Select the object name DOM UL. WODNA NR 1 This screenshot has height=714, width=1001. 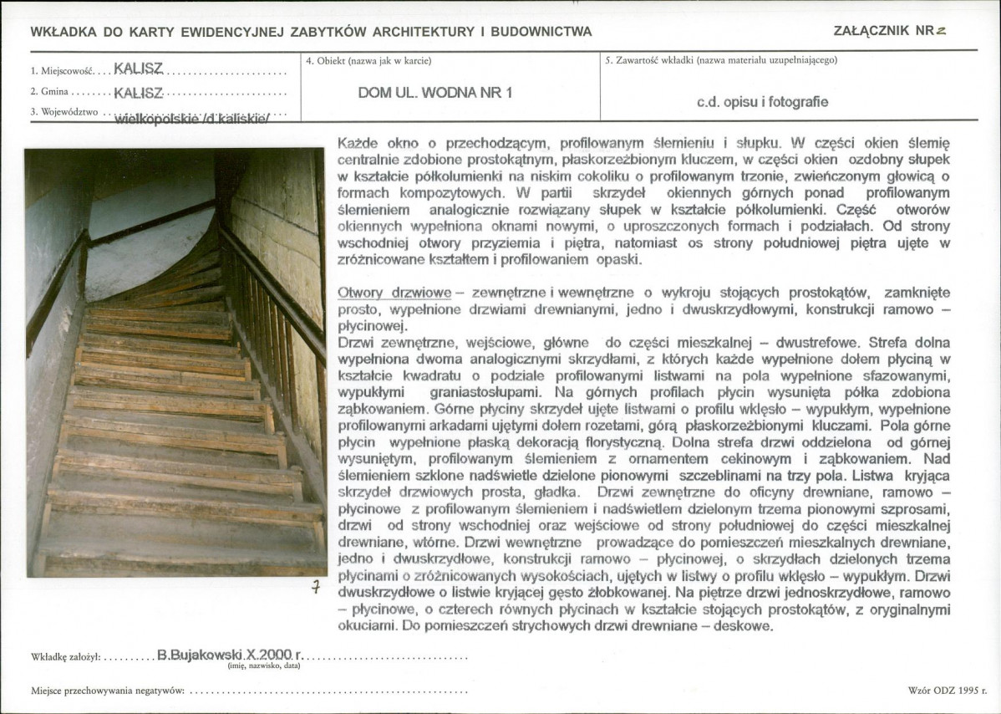[435, 93]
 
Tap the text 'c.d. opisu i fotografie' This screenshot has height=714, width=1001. [762, 102]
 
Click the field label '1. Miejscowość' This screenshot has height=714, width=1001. [59, 71]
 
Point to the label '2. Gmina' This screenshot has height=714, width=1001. [50, 91]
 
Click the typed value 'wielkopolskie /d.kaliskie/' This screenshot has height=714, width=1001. [192, 118]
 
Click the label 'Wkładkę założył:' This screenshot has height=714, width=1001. [66, 657]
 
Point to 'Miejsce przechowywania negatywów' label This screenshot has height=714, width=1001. [108, 691]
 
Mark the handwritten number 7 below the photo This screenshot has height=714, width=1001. [316, 587]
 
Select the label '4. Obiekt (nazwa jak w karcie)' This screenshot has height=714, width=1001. [374, 60]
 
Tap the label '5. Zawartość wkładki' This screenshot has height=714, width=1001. [657, 60]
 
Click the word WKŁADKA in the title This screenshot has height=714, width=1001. [61, 32]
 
